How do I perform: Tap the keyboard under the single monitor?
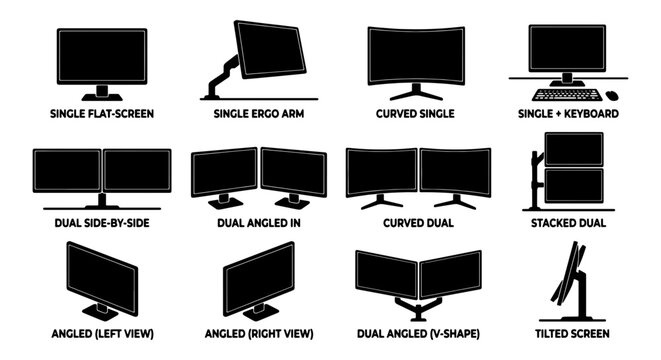566,96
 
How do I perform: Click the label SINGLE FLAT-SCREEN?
102,114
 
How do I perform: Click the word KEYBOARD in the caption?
589,114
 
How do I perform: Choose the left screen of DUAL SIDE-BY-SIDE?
67,170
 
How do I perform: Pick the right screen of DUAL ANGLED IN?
293,171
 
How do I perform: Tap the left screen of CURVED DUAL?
381,171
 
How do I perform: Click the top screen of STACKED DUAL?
574,148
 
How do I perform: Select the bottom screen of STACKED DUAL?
574,184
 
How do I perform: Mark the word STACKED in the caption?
557,223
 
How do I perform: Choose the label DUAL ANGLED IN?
259,223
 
